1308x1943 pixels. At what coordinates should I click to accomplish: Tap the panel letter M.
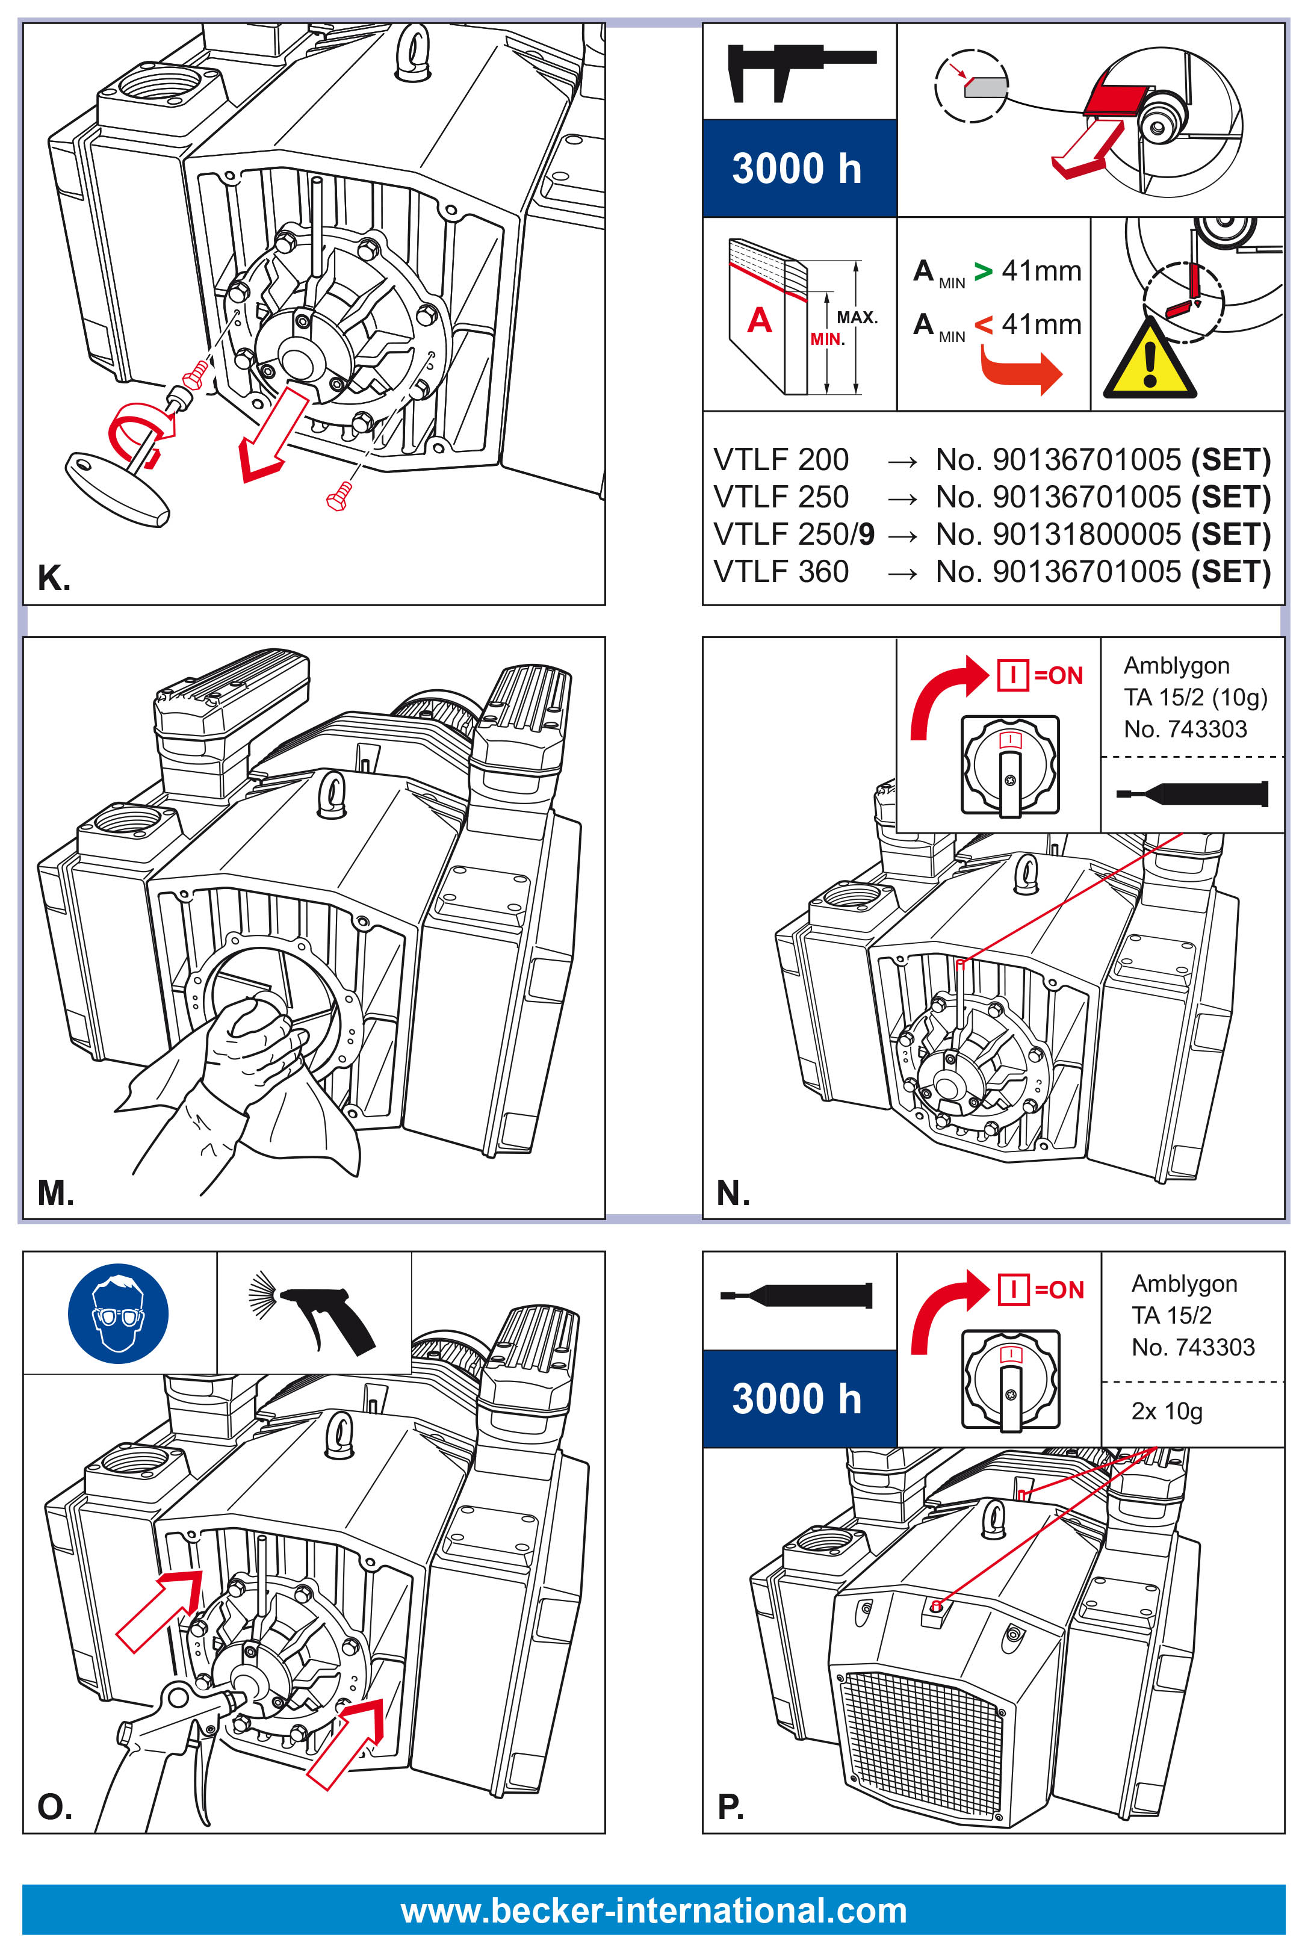pyautogui.click(x=55, y=1192)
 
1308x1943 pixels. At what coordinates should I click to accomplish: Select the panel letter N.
pyautogui.click(x=733, y=1192)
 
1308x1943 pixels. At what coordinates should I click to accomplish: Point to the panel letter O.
pyautogui.click(x=54, y=1807)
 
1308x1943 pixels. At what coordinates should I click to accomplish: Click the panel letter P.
pyautogui.click(x=730, y=1807)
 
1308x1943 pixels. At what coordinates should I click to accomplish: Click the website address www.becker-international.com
pyautogui.click(x=653, y=1910)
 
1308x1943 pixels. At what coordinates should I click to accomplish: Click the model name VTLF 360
pyautogui.click(x=781, y=572)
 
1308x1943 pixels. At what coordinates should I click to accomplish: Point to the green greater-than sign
pyautogui.click(x=984, y=271)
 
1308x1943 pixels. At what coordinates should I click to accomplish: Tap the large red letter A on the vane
pyautogui.click(x=758, y=320)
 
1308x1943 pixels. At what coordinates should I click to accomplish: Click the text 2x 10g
pyautogui.click(x=1166, y=1411)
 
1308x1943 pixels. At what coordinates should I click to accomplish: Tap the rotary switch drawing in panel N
pyautogui.click(x=1009, y=766)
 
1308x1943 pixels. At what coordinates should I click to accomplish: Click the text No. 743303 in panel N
pyautogui.click(x=1185, y=729)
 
